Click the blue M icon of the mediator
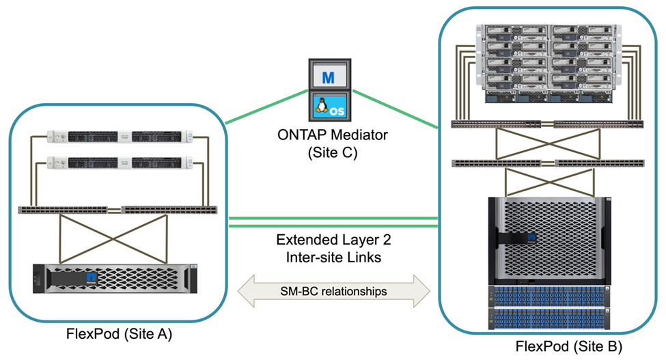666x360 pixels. pyautogui.click(x=328, y=77)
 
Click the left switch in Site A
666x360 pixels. pyautogui.click(x=68, y=210)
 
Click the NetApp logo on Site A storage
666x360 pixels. pyautogui.click(x=91, y=279)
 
